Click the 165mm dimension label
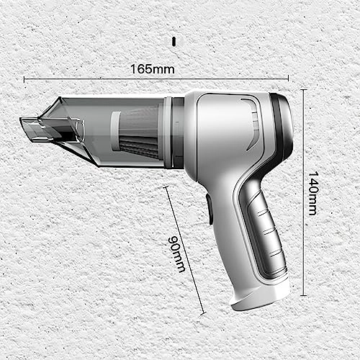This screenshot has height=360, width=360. click(152, 69)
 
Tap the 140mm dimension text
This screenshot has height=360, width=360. click(312, 193)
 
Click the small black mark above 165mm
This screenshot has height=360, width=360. click(174, 40)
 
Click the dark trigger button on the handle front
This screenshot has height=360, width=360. click(209, 209)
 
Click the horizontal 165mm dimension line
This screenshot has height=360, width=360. click(216, 79)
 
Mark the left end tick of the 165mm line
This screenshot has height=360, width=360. click(24, 79)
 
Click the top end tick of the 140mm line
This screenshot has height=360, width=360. click(303, 90)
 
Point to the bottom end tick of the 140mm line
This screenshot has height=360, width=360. click(303, 294)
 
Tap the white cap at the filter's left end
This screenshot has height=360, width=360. click(115, 130)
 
